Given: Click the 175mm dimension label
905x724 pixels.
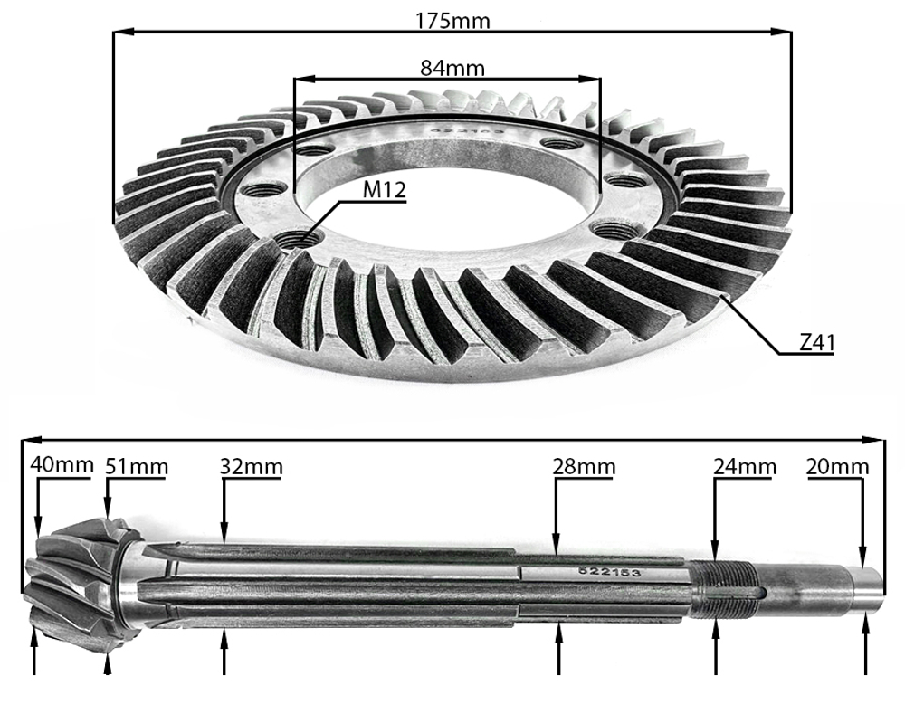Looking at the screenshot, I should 452,20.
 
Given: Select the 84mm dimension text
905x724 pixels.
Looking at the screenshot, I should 452,67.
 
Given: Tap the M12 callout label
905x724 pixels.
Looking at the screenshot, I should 385,190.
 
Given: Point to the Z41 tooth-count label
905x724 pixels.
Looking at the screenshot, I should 816,343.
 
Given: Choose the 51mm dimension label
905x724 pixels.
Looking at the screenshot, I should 137,467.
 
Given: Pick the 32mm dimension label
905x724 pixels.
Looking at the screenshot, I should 252,467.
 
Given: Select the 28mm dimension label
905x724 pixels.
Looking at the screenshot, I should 584,467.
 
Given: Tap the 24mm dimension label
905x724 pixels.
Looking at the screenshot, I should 745,467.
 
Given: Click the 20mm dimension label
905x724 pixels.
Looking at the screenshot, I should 838,467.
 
